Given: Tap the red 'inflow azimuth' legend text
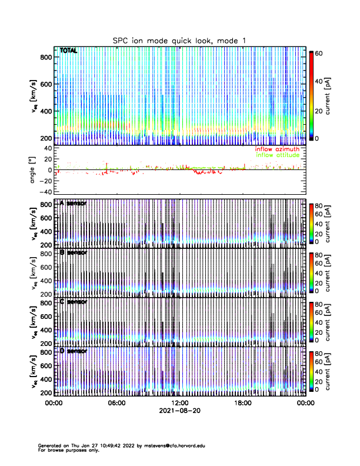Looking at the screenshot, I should (x=277, y=149).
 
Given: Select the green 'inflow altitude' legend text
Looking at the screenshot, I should (x=277, y=155).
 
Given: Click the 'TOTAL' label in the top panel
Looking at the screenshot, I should (x=69, y=51).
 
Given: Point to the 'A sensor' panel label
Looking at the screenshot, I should (x=73, y=204).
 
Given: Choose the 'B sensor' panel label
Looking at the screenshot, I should (x=73, y=252).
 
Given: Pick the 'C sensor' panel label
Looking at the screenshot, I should (x=73, y=302).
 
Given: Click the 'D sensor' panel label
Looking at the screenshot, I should (x=73, y=351).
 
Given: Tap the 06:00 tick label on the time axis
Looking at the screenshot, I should (x=116, y=403).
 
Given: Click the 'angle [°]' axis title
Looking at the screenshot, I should (x=33, y=170).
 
